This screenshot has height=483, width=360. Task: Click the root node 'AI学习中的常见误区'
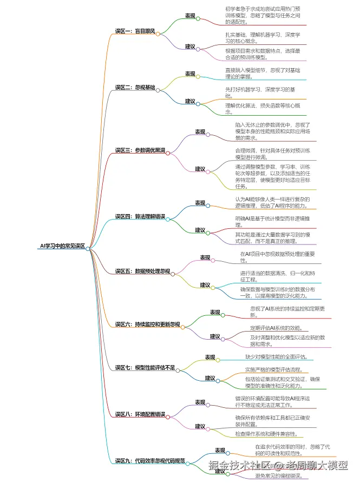[62, 246]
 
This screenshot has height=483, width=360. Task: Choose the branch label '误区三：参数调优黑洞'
[140, 150]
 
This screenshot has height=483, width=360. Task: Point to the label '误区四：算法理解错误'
[140, 216]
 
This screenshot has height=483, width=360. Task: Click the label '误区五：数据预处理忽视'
[142, 271]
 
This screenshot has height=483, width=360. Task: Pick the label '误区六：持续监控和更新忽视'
[147, 325]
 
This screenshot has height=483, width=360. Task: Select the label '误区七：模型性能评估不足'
[145, 368]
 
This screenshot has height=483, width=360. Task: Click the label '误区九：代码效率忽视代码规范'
[150, 461]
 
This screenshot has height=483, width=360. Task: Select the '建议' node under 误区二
[190, 101]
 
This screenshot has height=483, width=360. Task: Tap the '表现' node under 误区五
[205, 257]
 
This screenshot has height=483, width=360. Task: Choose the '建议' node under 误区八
[200, 426]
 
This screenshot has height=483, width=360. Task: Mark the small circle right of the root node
[89, 248]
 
